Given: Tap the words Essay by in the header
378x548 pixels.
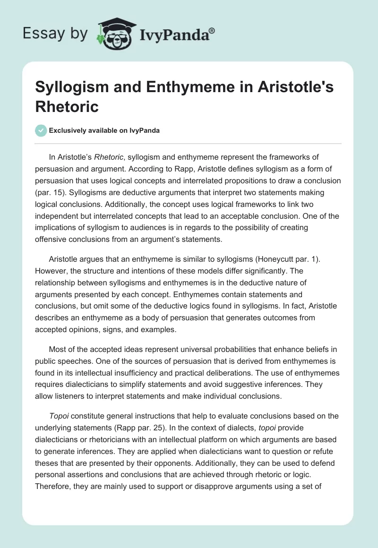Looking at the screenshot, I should (55, 34).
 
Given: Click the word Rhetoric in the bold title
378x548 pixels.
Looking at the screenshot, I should (67, 107).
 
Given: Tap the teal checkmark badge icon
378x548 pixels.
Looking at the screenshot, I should (41, 130).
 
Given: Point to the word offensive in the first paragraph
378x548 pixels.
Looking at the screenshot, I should (52, 239).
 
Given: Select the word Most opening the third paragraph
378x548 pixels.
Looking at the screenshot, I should (57, 351).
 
